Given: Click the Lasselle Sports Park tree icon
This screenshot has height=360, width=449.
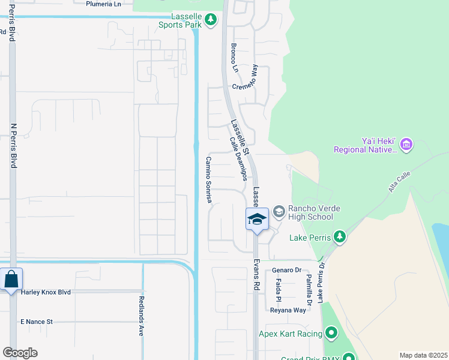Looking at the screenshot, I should tap(210, 20).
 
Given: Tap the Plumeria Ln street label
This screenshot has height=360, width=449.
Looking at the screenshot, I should tap(104, 4).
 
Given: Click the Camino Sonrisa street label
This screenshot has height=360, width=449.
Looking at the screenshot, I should tap(209, 180).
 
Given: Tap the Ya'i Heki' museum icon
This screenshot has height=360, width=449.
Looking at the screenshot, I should tap(406, 144).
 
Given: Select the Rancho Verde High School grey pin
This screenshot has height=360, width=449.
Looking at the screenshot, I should tap(279, 211).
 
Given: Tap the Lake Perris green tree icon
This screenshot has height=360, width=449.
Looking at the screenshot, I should tap(340, 237).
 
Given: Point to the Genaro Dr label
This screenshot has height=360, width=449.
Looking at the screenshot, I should tap(286, 270).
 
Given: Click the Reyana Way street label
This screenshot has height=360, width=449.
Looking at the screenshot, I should tap(288, 310).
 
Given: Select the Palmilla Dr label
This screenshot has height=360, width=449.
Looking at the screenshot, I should tap(309, 285).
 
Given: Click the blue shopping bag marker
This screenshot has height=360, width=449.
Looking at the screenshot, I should tap(11, 280).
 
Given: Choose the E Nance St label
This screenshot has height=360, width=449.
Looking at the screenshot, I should tap(37, 322).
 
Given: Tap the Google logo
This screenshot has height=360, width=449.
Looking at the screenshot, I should tap(20, 353).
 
